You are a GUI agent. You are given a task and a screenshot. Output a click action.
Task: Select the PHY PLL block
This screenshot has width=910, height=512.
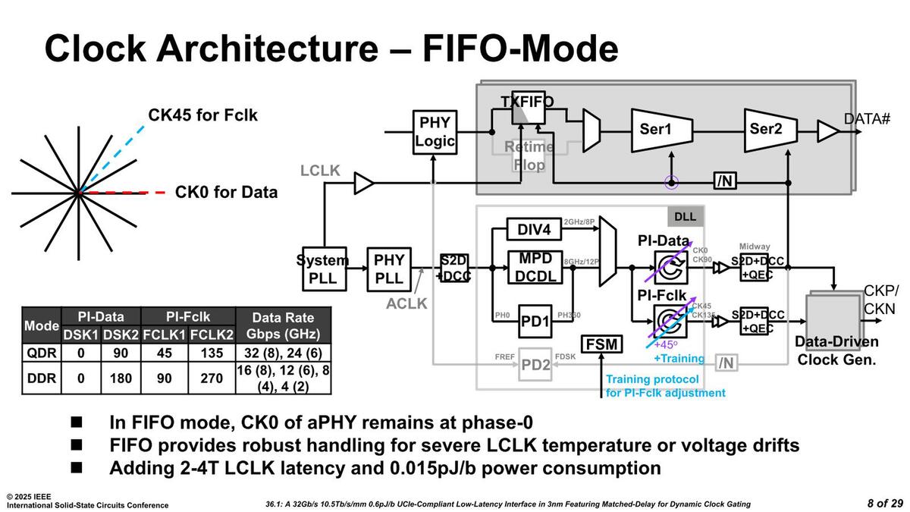[389, 269]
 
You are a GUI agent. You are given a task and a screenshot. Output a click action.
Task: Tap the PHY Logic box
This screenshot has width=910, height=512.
[435, 131]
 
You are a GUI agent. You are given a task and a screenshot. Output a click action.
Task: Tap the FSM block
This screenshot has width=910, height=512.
[601, 345]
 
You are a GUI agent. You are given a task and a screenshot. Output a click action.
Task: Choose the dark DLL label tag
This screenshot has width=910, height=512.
[686, 217]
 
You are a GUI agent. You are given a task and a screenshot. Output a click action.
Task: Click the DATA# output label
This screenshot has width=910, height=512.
[867, 119]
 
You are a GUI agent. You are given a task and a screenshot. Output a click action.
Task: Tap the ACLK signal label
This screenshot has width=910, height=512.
[407, 303]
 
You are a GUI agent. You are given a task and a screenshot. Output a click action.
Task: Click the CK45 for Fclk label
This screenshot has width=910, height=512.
[202, 116]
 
